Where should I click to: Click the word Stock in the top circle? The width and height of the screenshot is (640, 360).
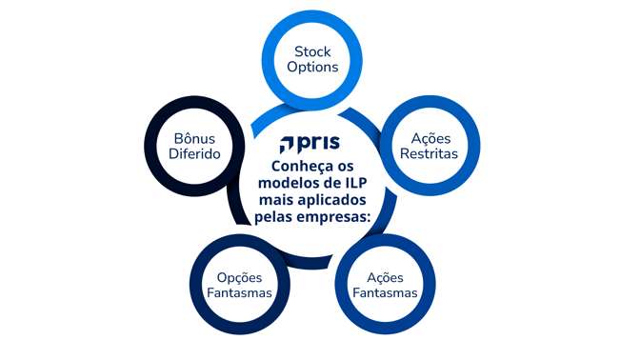click(x=312, y=51)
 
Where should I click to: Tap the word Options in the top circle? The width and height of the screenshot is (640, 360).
click(x=312, y=69)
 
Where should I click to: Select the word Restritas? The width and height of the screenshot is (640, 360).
click(x=428, y=153)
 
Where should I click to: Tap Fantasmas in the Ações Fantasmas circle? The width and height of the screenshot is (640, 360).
click(x=385, y=293)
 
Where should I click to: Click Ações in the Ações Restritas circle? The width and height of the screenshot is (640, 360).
click(x=428, y=136)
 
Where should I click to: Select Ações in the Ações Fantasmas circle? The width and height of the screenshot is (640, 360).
click(x=385, y=276)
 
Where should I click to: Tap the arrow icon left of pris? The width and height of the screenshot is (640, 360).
click(x=289, y=145)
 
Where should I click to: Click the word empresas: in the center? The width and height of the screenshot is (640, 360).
click(x=336, y=220)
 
